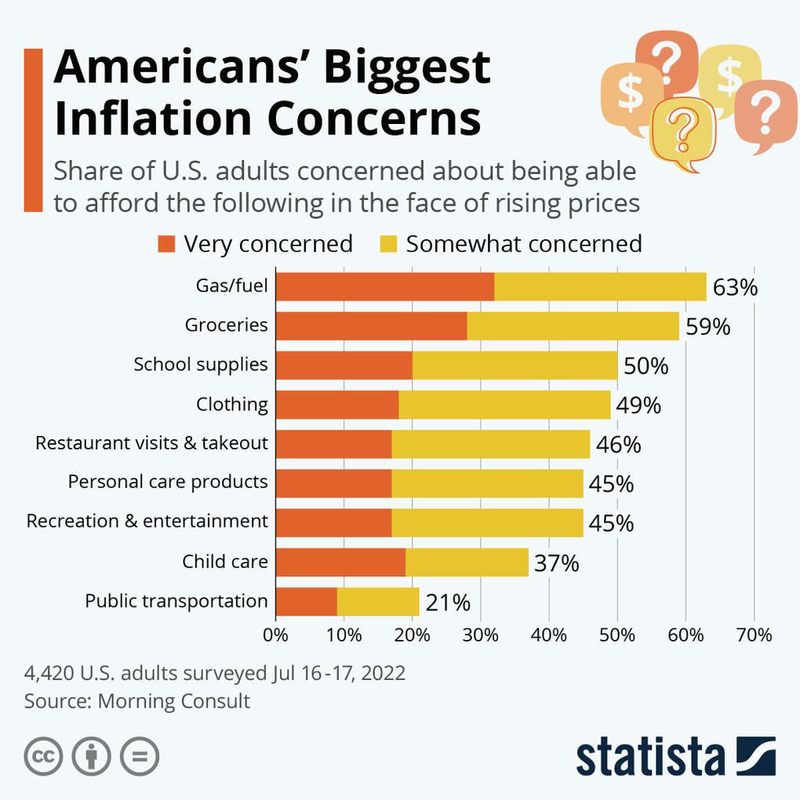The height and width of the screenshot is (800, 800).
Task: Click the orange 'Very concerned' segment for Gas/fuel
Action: (385, 286)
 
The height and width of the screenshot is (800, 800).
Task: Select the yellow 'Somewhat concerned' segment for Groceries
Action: (573, 325)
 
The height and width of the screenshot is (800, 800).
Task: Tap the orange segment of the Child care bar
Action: (340, 562)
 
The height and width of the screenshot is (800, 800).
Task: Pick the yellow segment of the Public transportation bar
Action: (378, 602)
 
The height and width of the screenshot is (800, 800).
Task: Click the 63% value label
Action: (735, 288)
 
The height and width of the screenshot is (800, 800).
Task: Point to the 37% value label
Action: (556, 563)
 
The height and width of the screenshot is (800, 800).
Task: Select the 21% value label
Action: (448, 602)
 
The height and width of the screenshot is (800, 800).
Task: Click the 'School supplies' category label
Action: (201, 365)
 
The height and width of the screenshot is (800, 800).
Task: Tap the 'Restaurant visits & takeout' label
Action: (151, 443)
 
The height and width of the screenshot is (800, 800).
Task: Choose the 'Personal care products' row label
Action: (168, 482)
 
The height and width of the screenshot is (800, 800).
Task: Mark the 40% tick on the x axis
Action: (549, 635)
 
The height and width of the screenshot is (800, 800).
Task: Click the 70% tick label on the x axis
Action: (754, 635)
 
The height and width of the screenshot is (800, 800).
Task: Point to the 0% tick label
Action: (276, 635)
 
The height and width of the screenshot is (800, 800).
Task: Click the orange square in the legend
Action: (166, 244)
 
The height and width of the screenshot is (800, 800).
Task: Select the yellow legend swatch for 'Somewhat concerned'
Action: (387, 244)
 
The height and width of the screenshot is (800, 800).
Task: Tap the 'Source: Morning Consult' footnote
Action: (137, 700)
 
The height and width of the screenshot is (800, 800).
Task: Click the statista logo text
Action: (650, 756)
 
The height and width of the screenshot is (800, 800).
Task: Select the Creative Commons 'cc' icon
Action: (44, 757)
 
